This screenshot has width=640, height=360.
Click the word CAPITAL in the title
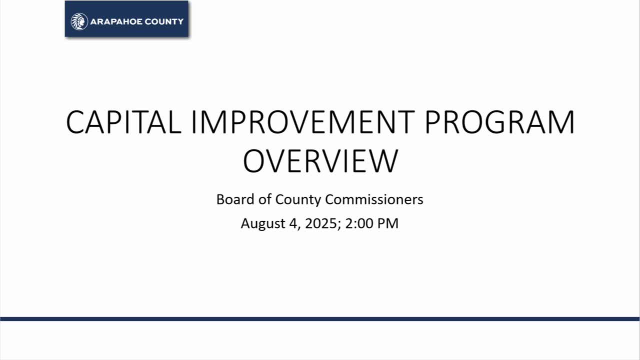(x=123, y=122)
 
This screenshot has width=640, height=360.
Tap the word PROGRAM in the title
(x=499, y=122)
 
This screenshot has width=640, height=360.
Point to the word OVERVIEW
(x=320, y=160)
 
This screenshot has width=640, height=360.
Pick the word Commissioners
(x=374, y=199)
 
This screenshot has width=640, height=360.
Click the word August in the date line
(x=262, y=223)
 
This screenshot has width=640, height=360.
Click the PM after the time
(x=388, y=223)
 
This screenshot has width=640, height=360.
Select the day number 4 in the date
(x=293, y=223)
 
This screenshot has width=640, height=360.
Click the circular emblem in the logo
(x=79, y=21)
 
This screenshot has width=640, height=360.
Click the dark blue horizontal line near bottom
(x=320, y=318)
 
